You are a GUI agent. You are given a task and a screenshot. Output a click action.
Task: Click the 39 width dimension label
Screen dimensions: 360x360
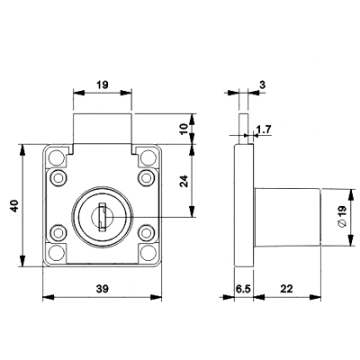(x=103, y=289)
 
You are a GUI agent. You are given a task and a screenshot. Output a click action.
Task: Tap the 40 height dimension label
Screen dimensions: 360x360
(x=14, y=206)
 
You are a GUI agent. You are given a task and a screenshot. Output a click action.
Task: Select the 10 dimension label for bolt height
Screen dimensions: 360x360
(x=184, y=129)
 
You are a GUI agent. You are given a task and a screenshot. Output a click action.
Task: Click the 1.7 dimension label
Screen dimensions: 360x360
(x=264, y=130)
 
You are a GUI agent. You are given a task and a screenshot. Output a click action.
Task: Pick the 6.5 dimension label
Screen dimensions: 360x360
(x=243, y=289)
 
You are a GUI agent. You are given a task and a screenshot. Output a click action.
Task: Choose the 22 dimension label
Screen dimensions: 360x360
(x=286, y=289)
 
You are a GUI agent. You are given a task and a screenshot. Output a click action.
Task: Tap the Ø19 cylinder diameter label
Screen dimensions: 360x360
(x=342, y=217)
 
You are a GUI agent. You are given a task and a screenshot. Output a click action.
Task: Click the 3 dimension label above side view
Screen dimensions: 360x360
(x=263, y=85)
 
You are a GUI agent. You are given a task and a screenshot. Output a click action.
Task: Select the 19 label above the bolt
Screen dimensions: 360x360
(x=103, y=85)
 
